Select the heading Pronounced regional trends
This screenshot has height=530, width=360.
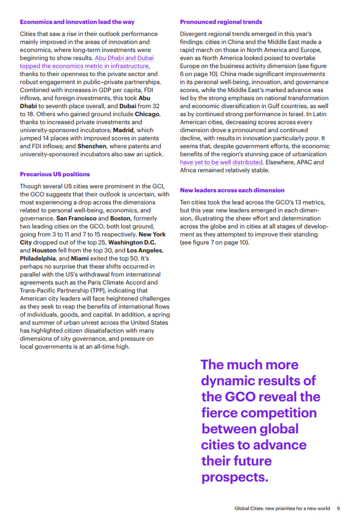coord(221,22)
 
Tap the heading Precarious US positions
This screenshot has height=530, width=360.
coord(55,174)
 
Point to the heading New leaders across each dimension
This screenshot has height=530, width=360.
coord(232,190)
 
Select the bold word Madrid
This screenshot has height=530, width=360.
coord(123,130)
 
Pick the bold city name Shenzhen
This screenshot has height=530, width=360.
coord(92,146)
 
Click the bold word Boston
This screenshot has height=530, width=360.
coord(120,218)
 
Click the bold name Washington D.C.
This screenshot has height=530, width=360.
coord(132,242)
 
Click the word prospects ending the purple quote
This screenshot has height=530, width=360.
coord(234,477)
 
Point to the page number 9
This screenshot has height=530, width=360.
coord(338,509)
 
